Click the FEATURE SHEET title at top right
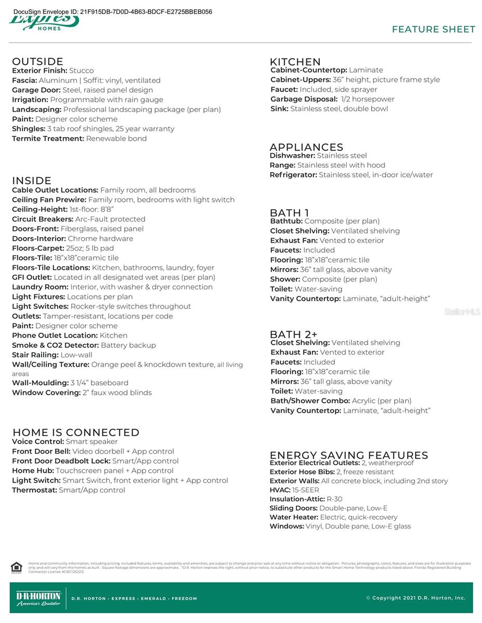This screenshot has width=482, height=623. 433,30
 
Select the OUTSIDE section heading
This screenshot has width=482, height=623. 37,61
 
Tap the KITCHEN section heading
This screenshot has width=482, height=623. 295,61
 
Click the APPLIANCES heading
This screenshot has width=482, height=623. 306,147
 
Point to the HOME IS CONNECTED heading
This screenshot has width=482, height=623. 76,432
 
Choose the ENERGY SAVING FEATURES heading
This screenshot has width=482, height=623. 348,455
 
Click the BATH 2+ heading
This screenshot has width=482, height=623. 293,334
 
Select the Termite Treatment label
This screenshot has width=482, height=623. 48,139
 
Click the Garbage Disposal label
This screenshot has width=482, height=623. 304,99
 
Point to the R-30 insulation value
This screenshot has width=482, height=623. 334,499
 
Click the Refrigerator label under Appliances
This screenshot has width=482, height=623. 293,175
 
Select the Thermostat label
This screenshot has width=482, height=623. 34,490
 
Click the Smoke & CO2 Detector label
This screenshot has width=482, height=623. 55,345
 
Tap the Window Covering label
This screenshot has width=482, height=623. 46,392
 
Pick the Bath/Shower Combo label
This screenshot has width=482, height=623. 310,401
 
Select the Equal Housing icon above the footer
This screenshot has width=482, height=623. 16,567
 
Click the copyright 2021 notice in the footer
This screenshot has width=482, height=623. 415,598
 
